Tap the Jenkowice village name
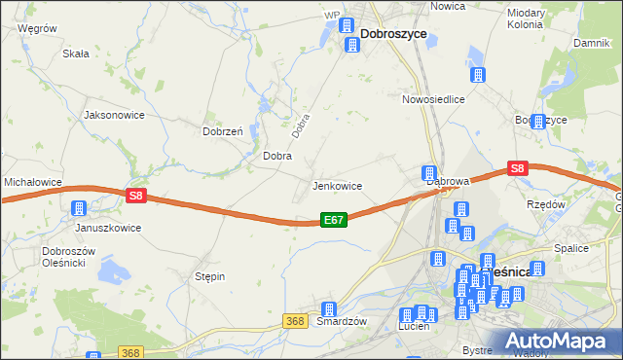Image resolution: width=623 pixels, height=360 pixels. tap(337, 186)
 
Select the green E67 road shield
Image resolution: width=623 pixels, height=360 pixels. tap(333, 221)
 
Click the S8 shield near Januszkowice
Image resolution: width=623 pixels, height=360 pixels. tap(135, 196)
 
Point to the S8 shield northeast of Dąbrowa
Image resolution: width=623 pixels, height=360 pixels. tap(517, 168)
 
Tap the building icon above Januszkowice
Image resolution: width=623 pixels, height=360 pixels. tap(79, 208)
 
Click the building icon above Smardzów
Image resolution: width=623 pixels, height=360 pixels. tap(329, 308)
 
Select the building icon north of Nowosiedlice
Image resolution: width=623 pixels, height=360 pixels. tap(478, 75)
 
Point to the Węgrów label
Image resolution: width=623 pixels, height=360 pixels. tap(38, 29)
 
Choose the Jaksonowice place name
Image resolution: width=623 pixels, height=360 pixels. tap(115, 115)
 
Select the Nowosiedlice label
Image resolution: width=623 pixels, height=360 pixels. tap(433, 99)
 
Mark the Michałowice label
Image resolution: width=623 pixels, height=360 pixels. tap(33, 182)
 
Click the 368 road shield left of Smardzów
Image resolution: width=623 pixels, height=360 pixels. tap(297, 319)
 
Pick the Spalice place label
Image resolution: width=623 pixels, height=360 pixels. tap(571, 248)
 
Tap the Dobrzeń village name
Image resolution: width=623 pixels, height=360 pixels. tap(222, 131)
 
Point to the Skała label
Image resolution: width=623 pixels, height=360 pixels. tap(76, 54)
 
